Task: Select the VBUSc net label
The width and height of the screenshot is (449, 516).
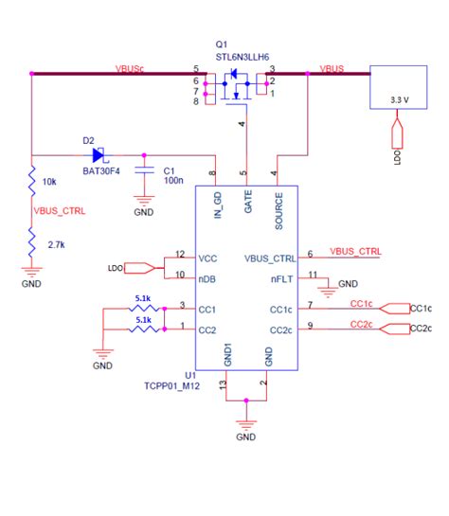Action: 130,69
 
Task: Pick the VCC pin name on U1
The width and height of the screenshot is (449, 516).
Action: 208,257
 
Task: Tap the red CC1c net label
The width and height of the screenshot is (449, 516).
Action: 361,303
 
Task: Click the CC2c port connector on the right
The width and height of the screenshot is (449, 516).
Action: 419,329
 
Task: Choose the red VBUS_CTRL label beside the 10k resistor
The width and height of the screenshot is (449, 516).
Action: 60,212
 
